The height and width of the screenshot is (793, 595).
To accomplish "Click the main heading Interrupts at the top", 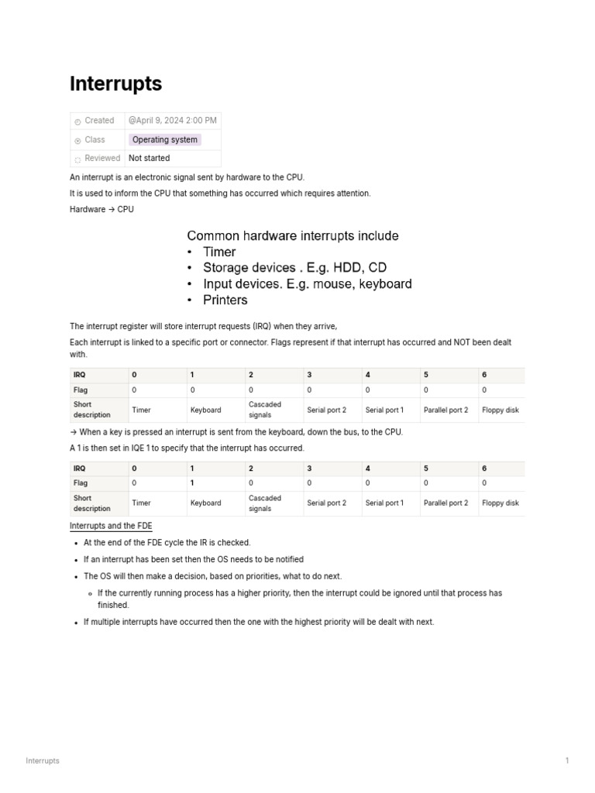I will pyautogui.click(x=115, y=84).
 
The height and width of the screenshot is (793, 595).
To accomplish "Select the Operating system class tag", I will pyautogui.click(x=164, y=140).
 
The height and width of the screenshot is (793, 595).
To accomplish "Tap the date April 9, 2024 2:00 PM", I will pyautogui.click(x=173, y=121).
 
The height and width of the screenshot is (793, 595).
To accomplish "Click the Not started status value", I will pyautogui.click(x=149, y=158).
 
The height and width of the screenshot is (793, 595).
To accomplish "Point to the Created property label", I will pyautogui.click(x=99, y=121).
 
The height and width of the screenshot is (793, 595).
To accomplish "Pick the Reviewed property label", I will pyautogui.click(x=102, y=158).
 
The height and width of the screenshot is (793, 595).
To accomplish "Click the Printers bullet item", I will pyautogui.click(x=225, y=300).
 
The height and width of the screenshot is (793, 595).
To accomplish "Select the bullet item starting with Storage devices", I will pyautogui.click(x=294, y=268).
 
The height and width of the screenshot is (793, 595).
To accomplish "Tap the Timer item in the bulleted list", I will pyautogui.click(x=219, y=252).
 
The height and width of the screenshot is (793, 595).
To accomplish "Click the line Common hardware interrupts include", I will pyautogui.click(x=293, y=235).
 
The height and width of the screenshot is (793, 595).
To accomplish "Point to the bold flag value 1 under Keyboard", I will pyautogui.click(x=193, y=482).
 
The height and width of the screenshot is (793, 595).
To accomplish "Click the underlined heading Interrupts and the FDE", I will pyautogui.click(x=111, y=526).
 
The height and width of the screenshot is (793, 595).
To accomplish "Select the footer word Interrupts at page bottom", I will pyautogui.click(x=43, y=760).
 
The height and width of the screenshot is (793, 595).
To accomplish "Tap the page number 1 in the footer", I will pyautogui.click(x=567, y=760).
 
